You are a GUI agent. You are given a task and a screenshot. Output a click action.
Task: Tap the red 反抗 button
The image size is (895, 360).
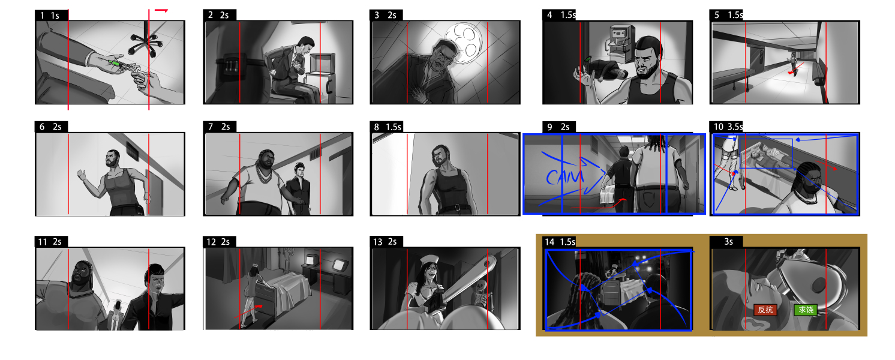(765, 310)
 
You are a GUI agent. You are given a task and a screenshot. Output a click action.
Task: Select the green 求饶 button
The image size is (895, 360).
(806, 310)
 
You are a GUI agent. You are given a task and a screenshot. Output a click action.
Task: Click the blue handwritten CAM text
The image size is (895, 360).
(564, 176)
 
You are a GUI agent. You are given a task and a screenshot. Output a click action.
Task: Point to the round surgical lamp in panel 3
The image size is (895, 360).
(464, 43)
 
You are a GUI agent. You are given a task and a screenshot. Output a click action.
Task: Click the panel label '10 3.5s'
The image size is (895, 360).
(728, 127)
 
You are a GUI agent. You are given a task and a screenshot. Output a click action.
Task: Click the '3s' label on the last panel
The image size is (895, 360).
(728, 242)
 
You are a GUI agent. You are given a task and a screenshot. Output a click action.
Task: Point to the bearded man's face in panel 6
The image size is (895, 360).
(113, 158)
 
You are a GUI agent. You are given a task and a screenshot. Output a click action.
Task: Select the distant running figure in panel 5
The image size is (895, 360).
(792, 65)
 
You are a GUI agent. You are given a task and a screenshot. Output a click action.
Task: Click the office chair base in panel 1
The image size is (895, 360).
(146, 44)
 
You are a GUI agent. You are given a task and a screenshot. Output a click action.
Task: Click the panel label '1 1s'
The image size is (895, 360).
(50, 16)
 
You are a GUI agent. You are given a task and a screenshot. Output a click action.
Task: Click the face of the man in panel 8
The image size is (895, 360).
(441, 156)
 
